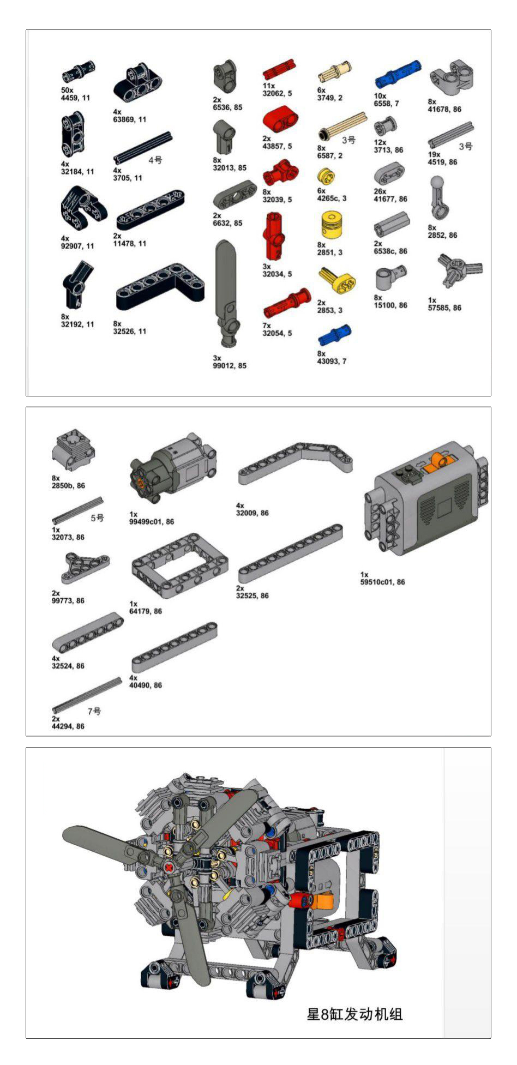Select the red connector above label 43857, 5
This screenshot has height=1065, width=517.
280,120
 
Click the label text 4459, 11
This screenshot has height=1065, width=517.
75,98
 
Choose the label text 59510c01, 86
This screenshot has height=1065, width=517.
383,582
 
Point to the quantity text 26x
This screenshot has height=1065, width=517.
380,191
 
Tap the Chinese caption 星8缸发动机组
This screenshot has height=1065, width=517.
354,1014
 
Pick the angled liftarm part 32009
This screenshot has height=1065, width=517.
295,462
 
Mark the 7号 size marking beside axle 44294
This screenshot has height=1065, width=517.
94,711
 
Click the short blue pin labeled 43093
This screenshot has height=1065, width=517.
334,335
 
